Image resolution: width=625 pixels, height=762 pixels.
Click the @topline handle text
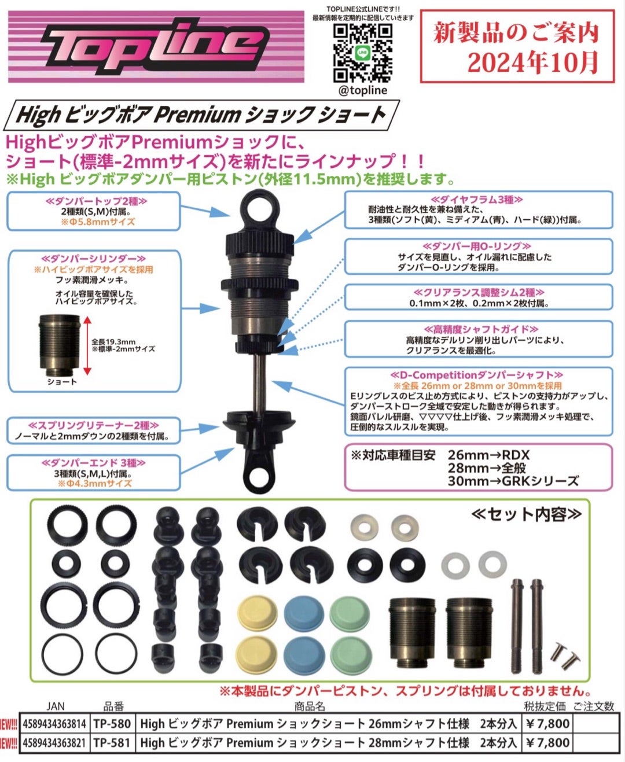pyautogui.click(x=363, y=90)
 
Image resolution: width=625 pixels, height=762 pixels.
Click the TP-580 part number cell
pyautogui.click(x=112, y=724)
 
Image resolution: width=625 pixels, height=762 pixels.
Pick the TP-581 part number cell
pyautogui.click(x=112, y=743)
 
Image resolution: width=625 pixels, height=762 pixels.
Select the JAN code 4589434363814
pyautogui.click(x=54, y=724)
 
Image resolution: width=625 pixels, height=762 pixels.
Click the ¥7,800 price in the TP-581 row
pyautogui.click(x=547, y=743)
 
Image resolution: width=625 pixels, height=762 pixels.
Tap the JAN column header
pyautogui.click(x=56, y=706)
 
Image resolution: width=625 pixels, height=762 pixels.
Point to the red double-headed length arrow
pyautogui.click(x=87, y=346)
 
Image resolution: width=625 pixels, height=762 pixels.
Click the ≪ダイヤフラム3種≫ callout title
pyautogui.click(x=477, y=200)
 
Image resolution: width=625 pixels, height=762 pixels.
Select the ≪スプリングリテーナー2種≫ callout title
pyautogui.click(x=94, y=425)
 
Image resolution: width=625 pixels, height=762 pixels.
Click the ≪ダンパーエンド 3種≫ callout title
pyautogui.click(x=93, y=463)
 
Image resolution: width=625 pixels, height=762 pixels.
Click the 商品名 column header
pyautogui.click(x=310, y=706)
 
